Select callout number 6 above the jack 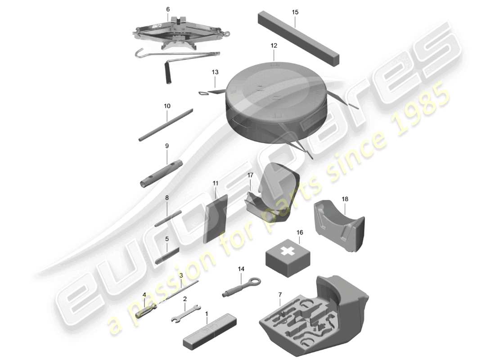[168, 9]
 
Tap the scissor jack [178, 31]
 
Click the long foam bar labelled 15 [298, 40]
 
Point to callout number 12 [274, 46]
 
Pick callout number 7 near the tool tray [280, 295]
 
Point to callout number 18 [345, 199]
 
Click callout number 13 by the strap [215, 72]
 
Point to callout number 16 [300, 233]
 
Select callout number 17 [251, 175]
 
